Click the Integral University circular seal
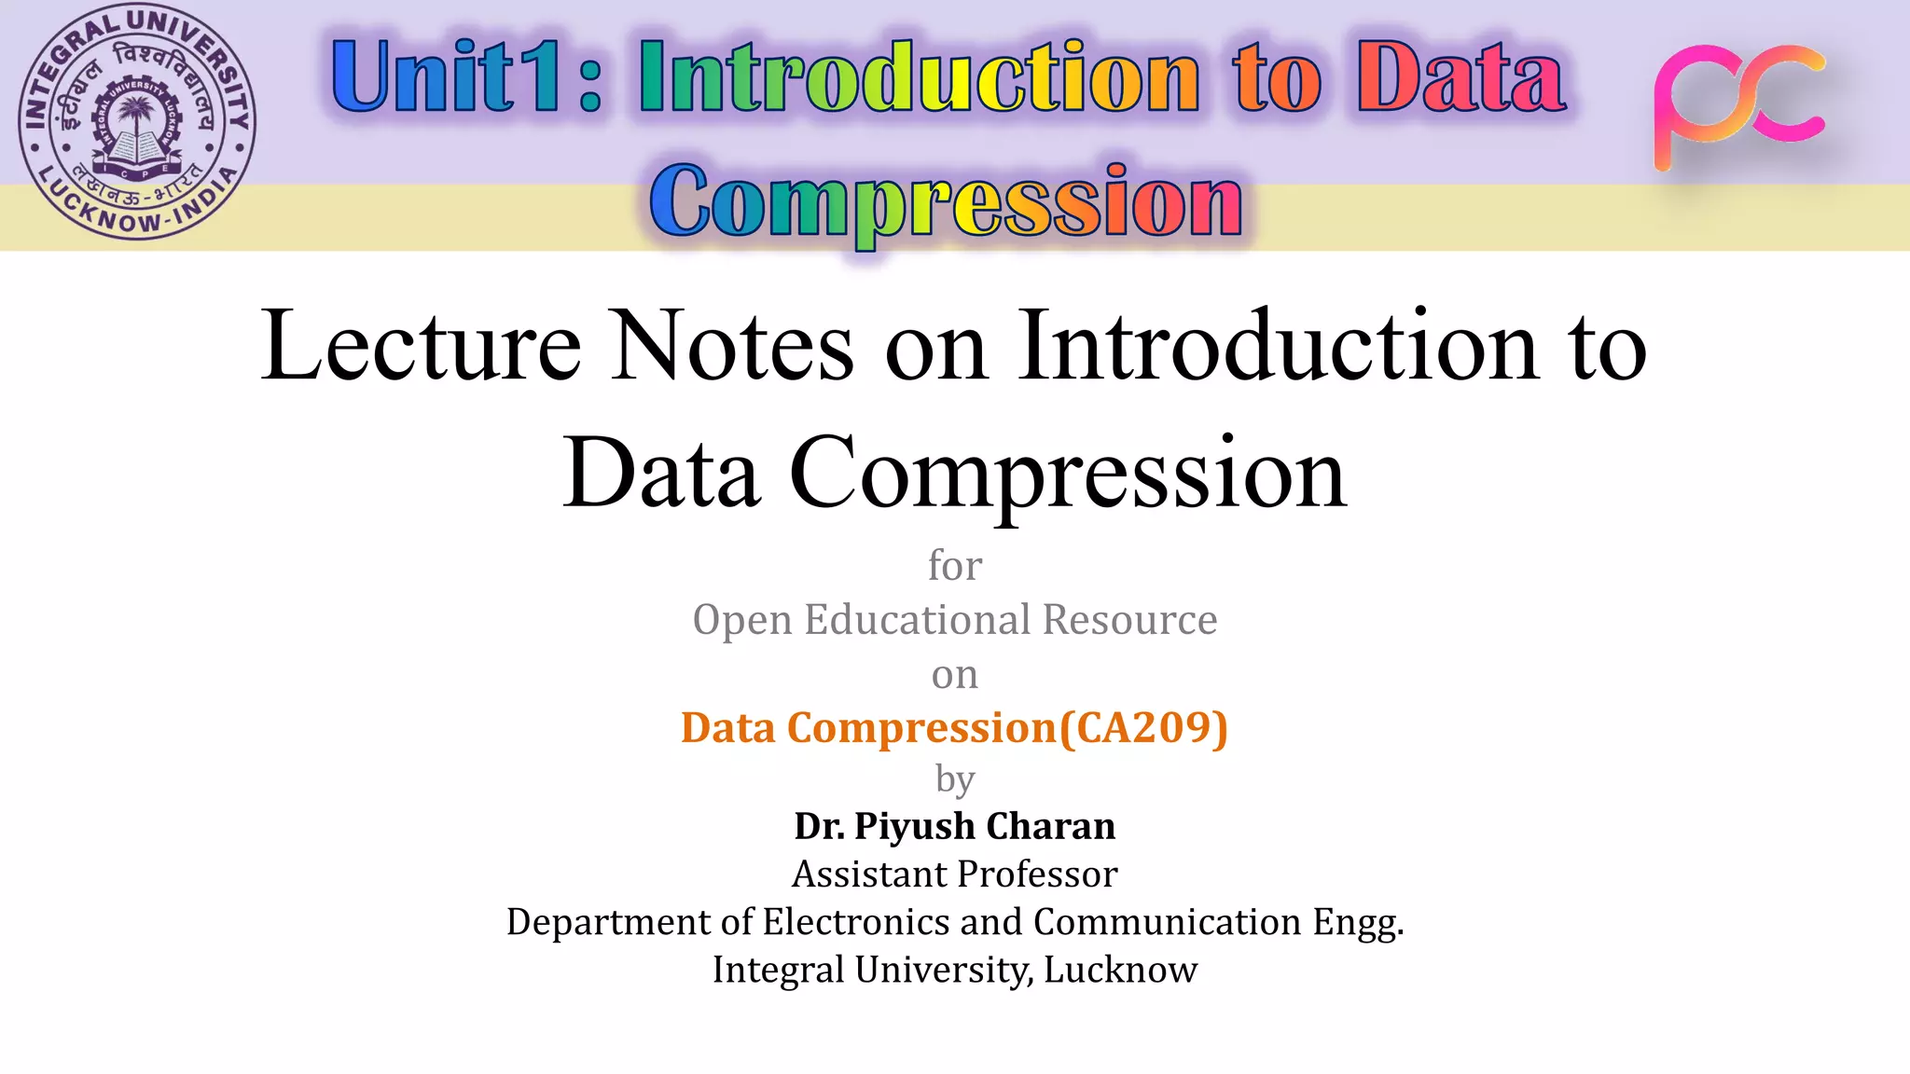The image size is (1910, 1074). (x=137, y=122)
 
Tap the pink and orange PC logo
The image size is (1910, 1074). (x=1738, y=105)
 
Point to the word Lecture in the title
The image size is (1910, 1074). (x=421, y=346)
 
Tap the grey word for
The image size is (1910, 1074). (x=955, y=566)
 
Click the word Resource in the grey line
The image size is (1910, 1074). (x=1129, y=620)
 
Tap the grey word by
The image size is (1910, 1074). (x=955, y=779)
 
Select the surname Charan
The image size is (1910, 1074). (x=1050, y=827)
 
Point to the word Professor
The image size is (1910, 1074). (x=1037, y=874)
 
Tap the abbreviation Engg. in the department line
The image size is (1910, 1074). (x=1358, y=923)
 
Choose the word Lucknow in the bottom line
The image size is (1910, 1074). (x=1120, y=970)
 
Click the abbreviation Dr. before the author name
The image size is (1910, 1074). (x=819, y=827)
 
